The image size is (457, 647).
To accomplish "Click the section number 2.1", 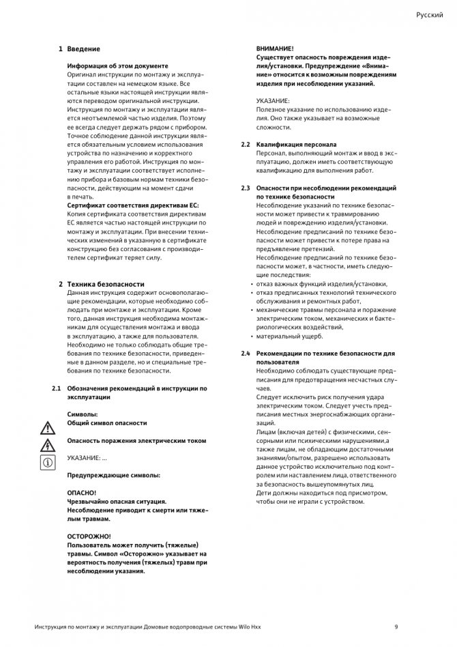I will [57, 388].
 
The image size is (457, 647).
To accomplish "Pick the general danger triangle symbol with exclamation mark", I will [48, 428].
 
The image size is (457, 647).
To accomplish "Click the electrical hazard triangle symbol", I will [48, 445].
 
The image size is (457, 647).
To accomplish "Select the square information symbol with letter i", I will [48, 462].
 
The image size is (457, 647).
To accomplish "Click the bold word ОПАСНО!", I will [82, 492].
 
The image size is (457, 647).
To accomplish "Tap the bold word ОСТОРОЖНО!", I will [89, 536].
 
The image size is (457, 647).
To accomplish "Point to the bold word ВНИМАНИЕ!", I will [275, 49].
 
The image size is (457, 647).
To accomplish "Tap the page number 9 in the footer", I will [396, 627].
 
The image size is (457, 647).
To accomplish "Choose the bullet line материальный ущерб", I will [289, 336].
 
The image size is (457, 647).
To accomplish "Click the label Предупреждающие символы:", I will [113, 474].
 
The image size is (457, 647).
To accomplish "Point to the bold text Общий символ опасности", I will [106, 422].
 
